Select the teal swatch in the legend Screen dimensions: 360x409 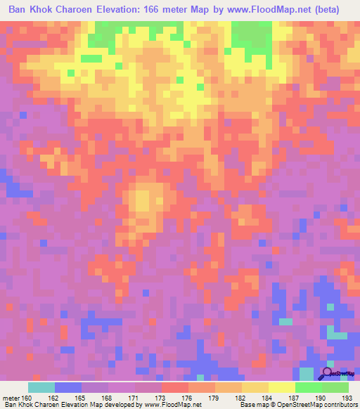pyautogui.click(x=41, y=387)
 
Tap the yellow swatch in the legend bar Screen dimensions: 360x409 pyautogui.click(x=282, y=387)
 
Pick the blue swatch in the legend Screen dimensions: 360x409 pyautogui.click(x=68, y=387)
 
